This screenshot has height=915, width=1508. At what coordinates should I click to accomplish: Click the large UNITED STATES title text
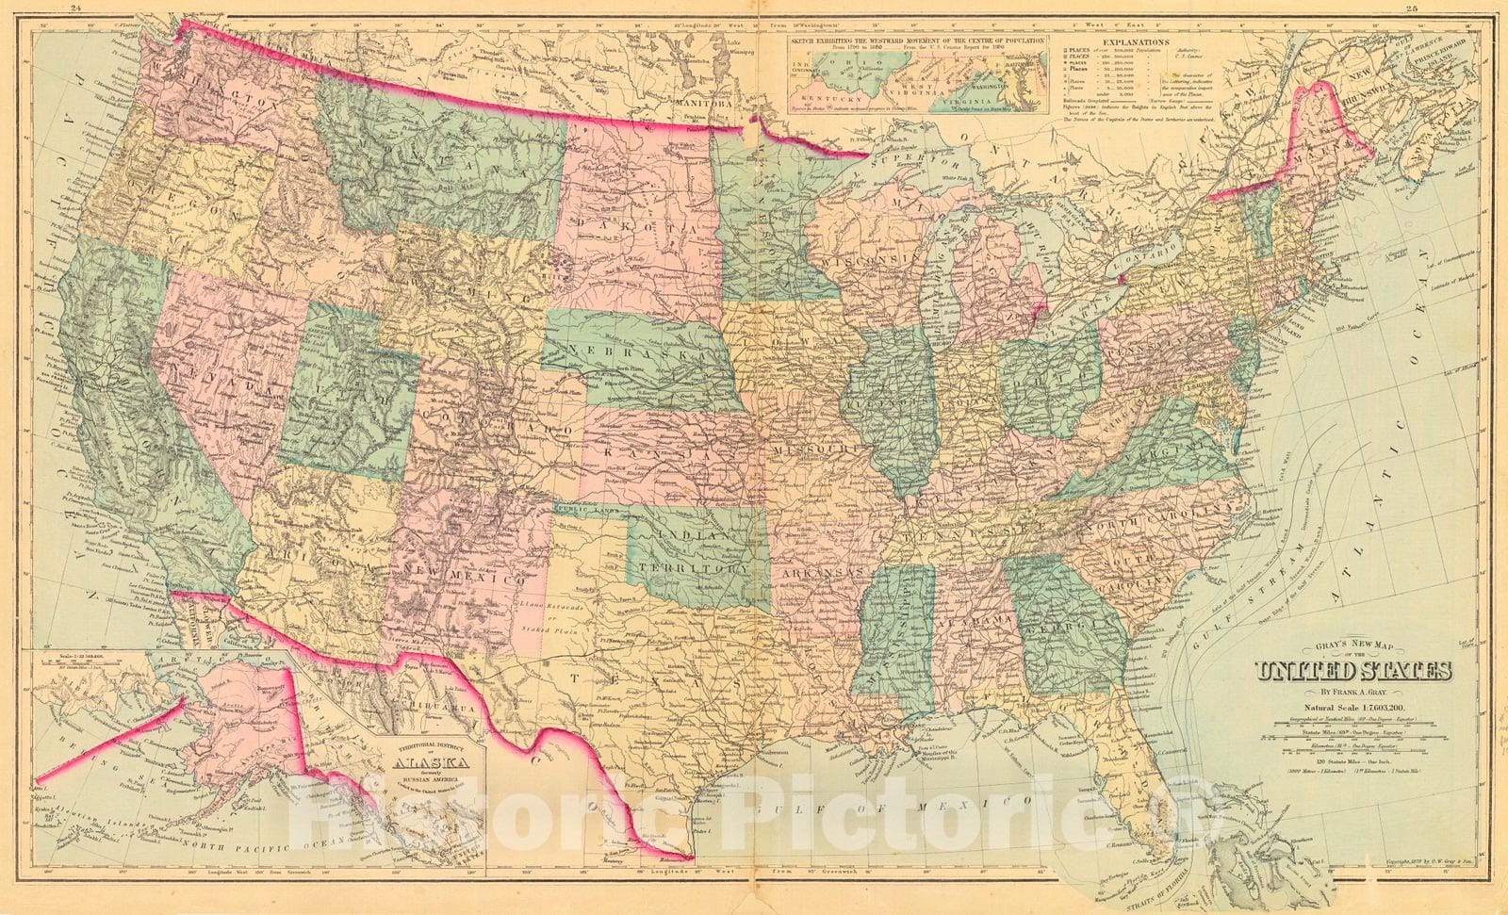point(1352,671)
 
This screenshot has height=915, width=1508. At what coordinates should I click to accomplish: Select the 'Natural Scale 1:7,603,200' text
point(1352,706)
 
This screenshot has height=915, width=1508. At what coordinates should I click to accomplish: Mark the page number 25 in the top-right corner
point(1439,8)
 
